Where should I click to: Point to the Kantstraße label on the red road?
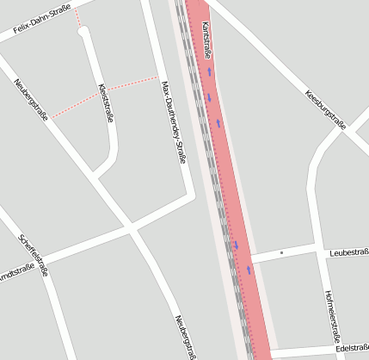(x=206, y=41)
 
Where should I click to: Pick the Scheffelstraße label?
(x=33, y=255)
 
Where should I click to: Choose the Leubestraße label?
(x=348, y=252)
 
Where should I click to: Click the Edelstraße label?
(x=353, y=348)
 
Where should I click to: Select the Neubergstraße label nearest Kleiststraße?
(x=30, y=101)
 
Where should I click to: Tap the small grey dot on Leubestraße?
(x=281, y=253)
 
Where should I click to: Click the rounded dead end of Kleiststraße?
(x=83, y=32)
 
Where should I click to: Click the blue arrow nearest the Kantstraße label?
(x=209, y=71)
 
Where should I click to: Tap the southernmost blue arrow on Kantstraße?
(x=249, y=270)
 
